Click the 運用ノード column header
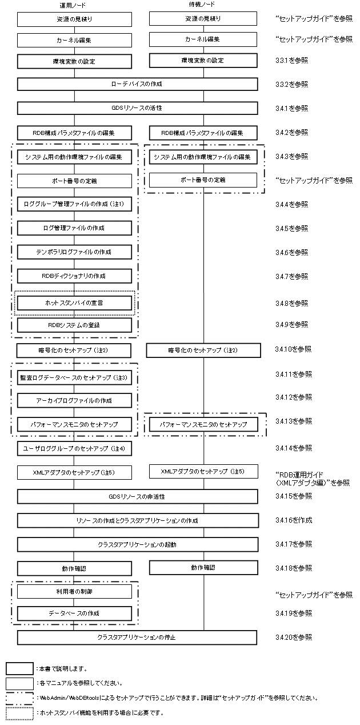coord(74,5)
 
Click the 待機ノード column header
coord(206,5)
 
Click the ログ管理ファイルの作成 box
coord(74,228)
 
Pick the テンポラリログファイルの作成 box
coord(74,252)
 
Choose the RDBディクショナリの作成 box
coord(74,276)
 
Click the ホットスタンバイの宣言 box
coord(74,302)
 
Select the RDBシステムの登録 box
coord(74,325)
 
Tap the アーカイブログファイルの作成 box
coord(74,400)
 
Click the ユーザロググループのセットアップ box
coord(74,448)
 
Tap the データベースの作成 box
coord(74,614)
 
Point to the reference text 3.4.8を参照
coord(293,303)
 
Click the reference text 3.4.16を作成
coord(294,520)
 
